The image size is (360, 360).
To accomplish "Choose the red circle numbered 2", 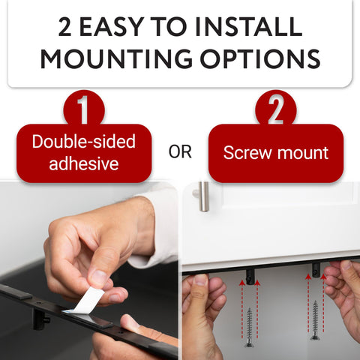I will click(275, 110).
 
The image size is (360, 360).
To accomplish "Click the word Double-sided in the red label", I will click(84, 142).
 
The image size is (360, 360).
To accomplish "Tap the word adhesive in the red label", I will click(84, 163).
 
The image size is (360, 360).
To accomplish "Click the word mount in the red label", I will click(303, 153).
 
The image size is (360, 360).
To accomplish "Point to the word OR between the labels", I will click(180, 152).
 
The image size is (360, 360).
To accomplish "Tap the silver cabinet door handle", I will click(202, 196).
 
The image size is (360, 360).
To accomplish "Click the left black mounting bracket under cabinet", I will click(250, 277).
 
